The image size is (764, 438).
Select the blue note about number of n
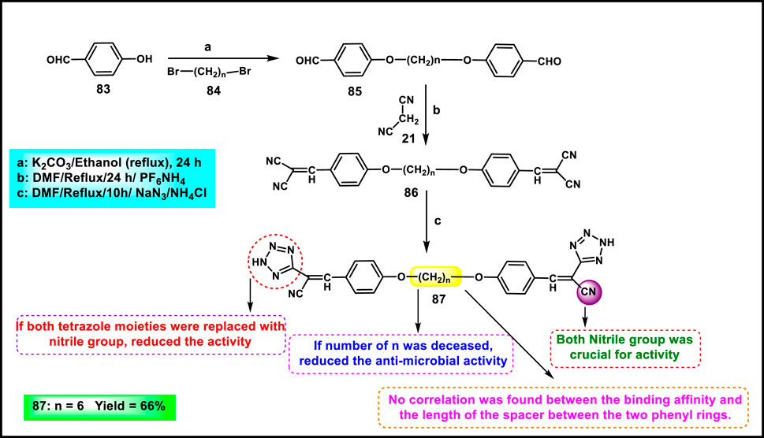(402, 353)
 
